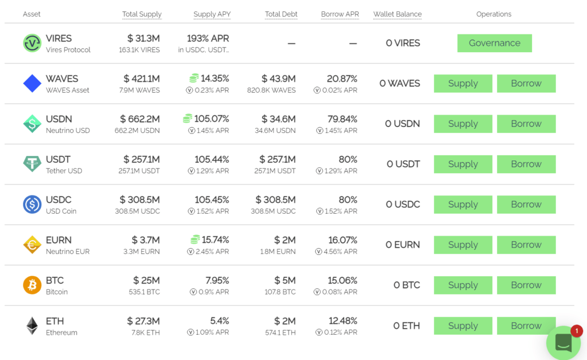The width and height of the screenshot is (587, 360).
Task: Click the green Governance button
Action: [x=494, y=43]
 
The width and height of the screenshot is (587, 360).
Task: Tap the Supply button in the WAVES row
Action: [x=463, y=83]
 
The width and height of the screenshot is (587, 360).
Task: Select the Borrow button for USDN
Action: [x=526, y=124]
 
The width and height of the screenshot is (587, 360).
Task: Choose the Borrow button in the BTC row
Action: [x=526, y=285]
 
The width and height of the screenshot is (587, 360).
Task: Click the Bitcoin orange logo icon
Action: [x=32, y=285]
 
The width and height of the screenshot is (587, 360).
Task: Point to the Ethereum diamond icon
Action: [x=32, y=326]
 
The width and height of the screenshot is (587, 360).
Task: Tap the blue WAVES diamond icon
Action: [x=32, y=83]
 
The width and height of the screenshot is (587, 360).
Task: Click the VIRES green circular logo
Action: [x=32, y=43]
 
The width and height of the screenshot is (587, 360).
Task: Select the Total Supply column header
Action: [x=142, y=14]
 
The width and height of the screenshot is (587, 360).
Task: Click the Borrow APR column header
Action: [x=340, y=14]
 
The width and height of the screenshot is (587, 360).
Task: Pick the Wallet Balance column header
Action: [x=397, y=14]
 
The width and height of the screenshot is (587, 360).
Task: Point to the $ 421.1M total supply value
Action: [x=142, y=79]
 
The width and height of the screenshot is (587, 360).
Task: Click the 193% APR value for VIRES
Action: [x=208, y=38]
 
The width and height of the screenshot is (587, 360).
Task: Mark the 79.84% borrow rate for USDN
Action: [x=342, y=119]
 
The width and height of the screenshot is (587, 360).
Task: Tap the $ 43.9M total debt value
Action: [x=279, y=79]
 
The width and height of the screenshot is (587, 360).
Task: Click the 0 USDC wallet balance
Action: [x=402, y=204]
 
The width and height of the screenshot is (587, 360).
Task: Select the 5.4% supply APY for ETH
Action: [x=219, y=320]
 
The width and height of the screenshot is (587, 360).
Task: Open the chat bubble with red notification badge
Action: [x=563, y=342]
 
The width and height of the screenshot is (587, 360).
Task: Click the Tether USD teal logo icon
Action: [x=32, y=164]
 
